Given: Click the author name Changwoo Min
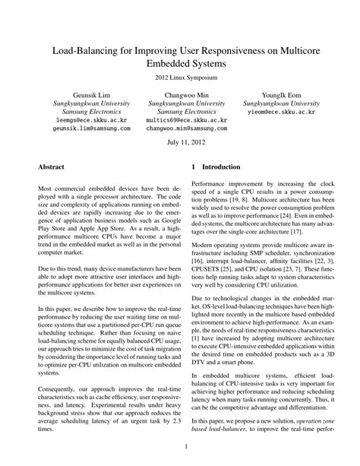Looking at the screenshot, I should (x=179, y=94).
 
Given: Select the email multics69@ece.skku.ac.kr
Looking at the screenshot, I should (x=179, y=121).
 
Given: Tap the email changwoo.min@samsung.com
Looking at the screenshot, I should (x=179, y=130).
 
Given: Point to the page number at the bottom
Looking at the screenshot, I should (x=179, y=449).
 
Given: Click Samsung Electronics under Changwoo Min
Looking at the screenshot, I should (x=179, y=112).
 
